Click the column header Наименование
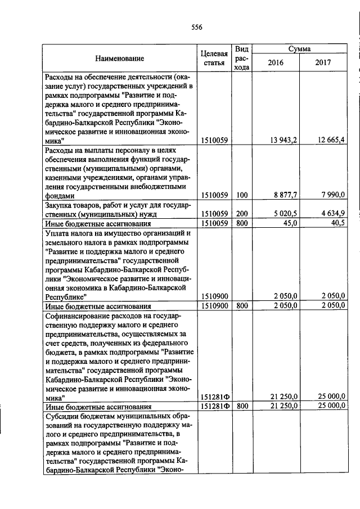coord(119,58)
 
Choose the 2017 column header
coord(323,62)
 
